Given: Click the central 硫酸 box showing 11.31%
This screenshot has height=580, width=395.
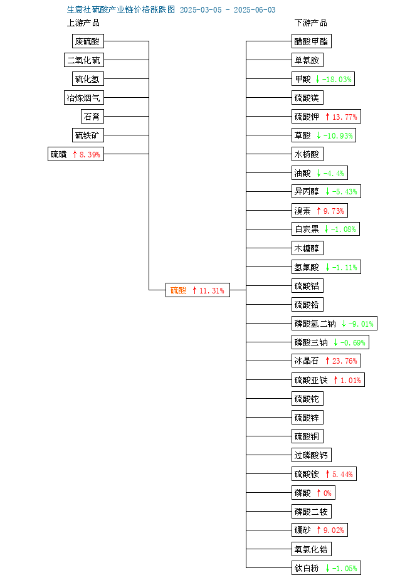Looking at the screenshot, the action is pos(197,290).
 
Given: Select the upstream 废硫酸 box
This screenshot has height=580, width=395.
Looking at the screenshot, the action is pos(88,41).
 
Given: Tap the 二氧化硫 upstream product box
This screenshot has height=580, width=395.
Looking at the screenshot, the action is pos(84,60).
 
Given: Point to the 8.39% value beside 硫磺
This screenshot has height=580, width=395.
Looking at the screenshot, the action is pos(90,154).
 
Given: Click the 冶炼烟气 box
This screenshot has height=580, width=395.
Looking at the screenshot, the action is pos(84,98).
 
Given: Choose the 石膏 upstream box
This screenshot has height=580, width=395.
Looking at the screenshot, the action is pos(92,117).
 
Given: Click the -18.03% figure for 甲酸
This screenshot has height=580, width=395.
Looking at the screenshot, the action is pos(337,79).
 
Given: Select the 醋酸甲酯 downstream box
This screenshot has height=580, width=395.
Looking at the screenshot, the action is pos(312,41).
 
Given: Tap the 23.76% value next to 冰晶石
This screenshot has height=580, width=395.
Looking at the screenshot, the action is pos(345,361).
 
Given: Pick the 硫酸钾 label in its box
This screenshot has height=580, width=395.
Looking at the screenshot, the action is pos(307,117).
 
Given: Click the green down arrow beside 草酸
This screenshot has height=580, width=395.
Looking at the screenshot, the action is pos(319,136).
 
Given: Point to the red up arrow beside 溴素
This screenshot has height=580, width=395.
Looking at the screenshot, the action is pos(319,211).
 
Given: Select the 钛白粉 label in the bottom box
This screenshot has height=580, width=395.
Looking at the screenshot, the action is pos(307,568).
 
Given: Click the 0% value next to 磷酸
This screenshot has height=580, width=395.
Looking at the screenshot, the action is pos(327,493).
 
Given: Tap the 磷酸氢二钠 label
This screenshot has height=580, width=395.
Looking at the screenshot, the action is pos(315,324).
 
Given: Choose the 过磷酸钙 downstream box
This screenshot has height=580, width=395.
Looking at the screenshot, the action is pos(312,455).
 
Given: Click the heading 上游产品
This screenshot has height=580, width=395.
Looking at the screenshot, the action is pos(83,23).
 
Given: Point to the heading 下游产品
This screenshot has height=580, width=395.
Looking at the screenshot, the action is pos(311,23).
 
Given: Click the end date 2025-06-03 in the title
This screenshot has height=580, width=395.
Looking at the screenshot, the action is pos(255,10).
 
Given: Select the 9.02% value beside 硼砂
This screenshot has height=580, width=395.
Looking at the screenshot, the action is pos(334,530).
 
